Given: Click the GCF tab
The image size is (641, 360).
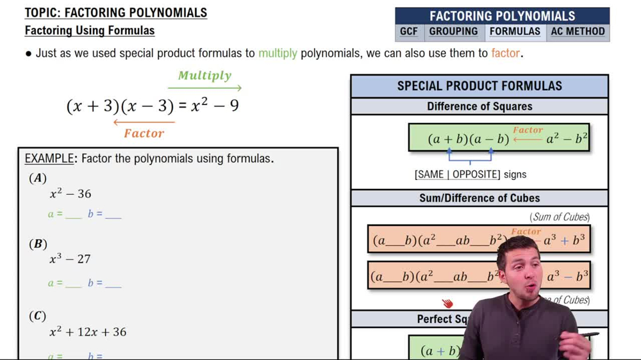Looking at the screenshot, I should pos(408,31).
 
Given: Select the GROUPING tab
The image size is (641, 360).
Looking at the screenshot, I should pos(453,31).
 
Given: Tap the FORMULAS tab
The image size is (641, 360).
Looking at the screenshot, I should pos(515,31).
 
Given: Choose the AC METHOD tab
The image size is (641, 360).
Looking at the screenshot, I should pos(578,31).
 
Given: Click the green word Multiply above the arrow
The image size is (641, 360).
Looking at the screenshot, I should pos(204,76).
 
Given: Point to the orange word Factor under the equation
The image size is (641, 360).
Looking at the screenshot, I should pos(144,133).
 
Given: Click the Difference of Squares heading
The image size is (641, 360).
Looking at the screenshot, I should pos(479,106).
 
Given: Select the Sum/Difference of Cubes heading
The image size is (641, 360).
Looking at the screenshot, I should pos(479,198).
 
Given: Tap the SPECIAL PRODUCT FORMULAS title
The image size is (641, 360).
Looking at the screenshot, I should pos(479,86).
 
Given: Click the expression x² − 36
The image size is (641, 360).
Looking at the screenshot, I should pos(71,193).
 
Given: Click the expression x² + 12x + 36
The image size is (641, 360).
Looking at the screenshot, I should pos(88,332).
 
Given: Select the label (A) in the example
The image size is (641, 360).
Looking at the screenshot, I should pos(38,178).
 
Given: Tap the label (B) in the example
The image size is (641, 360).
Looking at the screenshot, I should pos(38,243).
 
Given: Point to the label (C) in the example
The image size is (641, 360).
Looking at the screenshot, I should pos(38,316).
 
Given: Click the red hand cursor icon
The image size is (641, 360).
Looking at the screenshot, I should pos(447,302).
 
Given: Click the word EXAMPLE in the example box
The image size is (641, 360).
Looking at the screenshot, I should pos(49,158).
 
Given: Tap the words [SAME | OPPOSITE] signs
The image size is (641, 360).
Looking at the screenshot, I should pos(470,174).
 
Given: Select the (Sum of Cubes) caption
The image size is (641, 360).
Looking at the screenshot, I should pos(560,217).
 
